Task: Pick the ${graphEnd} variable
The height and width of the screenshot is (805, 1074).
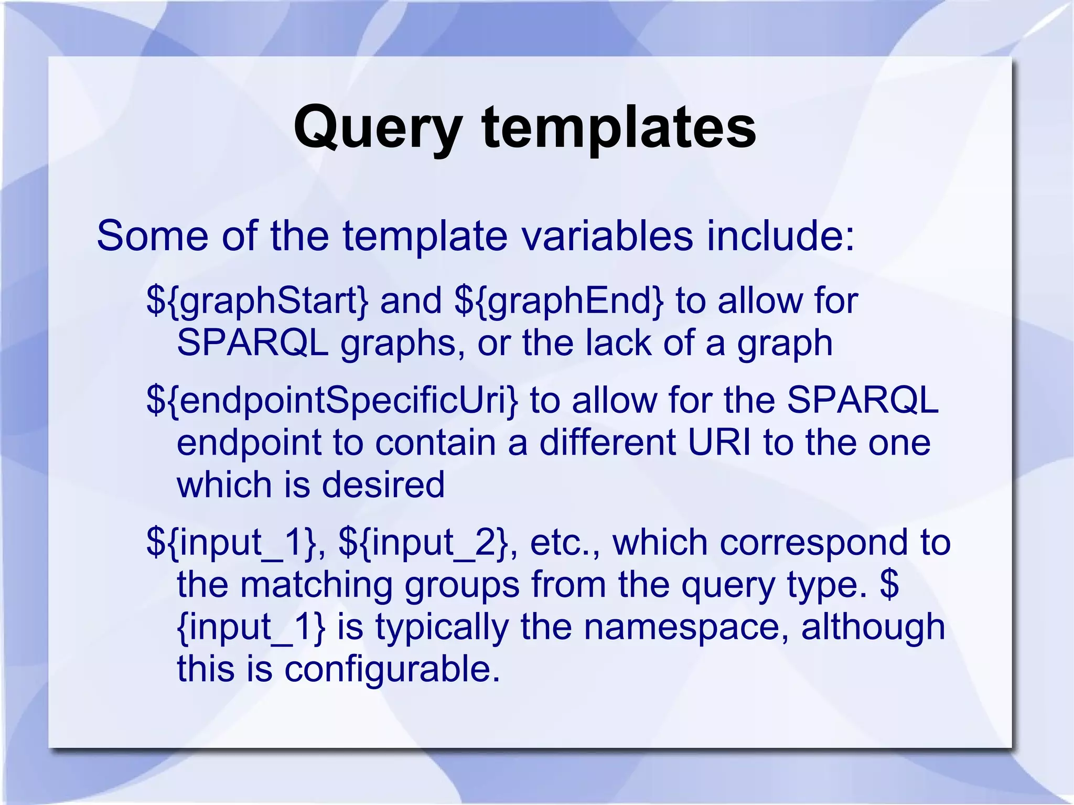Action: (559, 302)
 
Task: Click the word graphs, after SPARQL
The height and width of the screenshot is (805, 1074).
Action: (403, 344)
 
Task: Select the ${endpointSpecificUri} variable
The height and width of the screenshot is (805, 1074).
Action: (332, 401)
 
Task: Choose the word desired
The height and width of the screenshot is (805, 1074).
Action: (383, 485)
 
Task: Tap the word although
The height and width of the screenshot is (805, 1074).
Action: (873, 628)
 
